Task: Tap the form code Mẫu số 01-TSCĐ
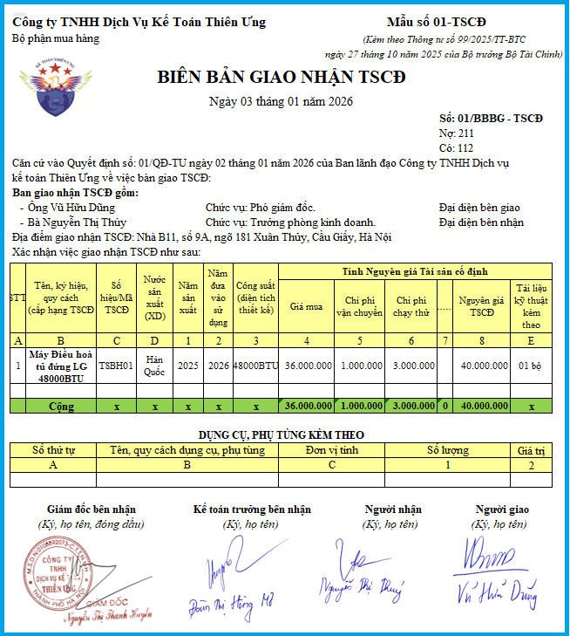coord(436,22)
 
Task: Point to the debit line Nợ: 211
coord(457,133)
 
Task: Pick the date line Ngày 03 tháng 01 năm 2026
coord(281,102)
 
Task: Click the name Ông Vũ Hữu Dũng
coord(72,208)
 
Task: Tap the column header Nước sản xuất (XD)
coord(155,297)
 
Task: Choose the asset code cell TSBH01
coord(116,366)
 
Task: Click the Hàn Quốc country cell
coord(155,366)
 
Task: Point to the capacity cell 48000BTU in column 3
coord(256,366)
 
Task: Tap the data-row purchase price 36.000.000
coord(309,366)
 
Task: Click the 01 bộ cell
coord(531,366)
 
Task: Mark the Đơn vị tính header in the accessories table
coord(332,450)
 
